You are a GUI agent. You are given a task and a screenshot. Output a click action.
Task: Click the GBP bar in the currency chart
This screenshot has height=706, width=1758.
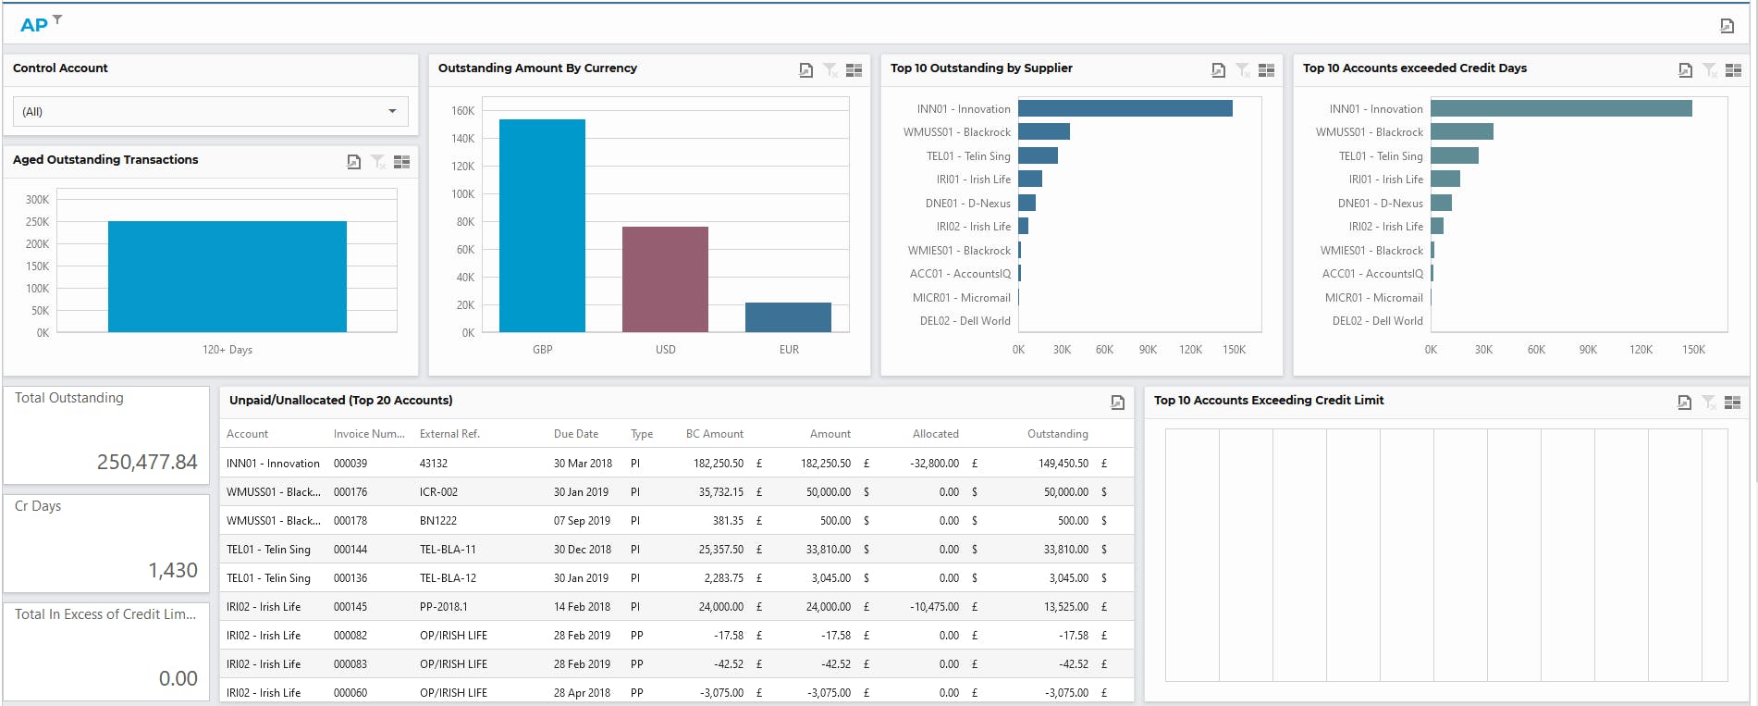542,226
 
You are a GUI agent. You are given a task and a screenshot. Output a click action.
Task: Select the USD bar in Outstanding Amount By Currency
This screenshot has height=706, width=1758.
665,279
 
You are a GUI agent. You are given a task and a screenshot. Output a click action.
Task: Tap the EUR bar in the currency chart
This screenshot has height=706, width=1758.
788,317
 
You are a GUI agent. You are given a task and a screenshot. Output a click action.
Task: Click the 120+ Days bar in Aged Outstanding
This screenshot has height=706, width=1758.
227,277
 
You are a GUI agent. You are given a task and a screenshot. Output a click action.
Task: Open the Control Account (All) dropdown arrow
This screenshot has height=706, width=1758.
392,111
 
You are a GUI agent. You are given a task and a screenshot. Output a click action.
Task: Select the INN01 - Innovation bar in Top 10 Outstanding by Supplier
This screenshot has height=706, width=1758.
1125,109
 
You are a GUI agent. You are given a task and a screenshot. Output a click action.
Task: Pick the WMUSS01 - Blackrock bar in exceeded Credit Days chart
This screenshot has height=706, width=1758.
1461,132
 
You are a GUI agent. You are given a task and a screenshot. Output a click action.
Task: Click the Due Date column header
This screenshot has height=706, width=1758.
575,434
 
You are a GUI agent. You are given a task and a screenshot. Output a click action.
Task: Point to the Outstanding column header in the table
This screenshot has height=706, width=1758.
1057,434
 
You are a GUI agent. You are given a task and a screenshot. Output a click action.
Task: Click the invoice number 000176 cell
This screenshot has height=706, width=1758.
350,492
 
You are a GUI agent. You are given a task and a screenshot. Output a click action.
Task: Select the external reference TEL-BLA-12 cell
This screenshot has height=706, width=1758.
448,578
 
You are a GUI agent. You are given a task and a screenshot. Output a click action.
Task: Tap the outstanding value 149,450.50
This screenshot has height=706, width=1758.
1063,464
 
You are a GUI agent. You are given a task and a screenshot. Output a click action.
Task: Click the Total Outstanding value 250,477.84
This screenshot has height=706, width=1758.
147,462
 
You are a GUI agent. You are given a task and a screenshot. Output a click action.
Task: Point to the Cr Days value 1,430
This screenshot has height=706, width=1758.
173,570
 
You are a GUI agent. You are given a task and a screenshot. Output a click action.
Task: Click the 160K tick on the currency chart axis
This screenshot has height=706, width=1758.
462,111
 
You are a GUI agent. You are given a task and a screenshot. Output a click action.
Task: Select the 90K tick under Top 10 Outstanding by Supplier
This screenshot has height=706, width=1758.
1148,350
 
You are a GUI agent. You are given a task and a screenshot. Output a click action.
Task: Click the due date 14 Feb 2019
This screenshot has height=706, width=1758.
582,607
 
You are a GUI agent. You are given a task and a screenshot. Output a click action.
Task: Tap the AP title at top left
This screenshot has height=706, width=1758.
34,25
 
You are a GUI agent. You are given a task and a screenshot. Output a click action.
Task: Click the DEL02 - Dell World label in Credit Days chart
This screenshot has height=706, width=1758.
1377,321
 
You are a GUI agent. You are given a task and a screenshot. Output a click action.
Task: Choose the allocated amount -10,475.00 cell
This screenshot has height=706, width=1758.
934,607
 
